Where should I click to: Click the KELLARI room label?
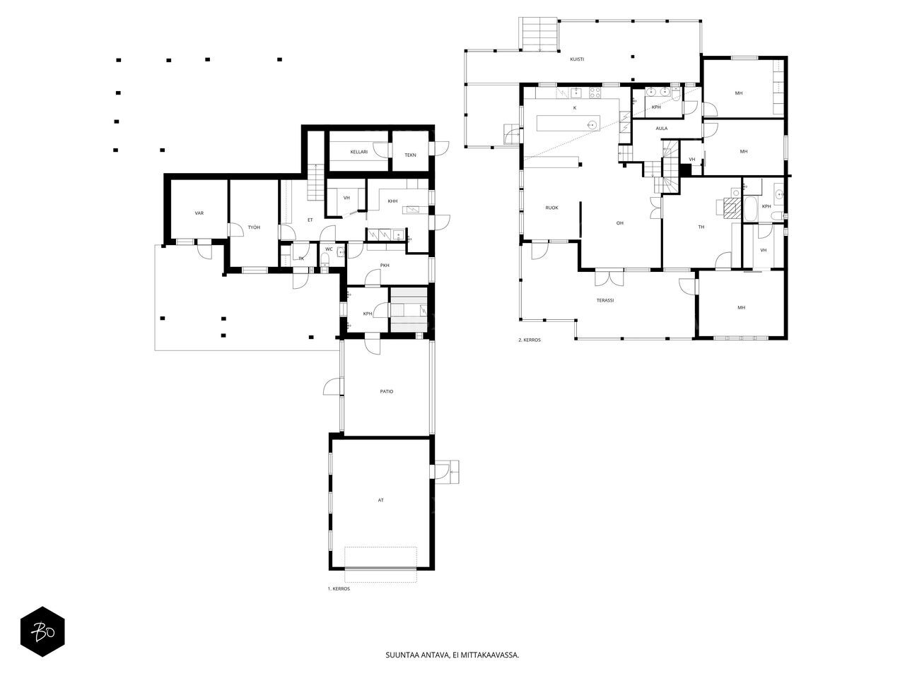click(x=358, y=152)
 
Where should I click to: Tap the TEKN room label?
click(x=410, y=155)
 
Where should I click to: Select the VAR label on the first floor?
click(x=199, y=213)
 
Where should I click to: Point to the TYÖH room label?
click(x=254, y=227)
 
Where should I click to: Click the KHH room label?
click(x=392, y=201)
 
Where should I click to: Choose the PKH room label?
click(x=385, y=266)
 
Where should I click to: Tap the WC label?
click(x=329, y=249)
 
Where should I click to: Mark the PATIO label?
click(x=386, y=391)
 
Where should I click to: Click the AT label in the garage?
click(x=380, y=500)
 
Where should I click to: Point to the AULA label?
click(x=662, y=129)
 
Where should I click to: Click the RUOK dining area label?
click(x=551, y=208)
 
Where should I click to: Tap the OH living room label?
click(x=619, y=223)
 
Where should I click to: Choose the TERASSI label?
click(x=605, y=301)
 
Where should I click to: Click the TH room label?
click(x=701, y=227)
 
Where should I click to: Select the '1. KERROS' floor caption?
click(x=339, y=588)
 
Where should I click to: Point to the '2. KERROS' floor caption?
click(x=530, y=340)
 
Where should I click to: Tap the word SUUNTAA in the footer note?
click(x=400, y=655)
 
